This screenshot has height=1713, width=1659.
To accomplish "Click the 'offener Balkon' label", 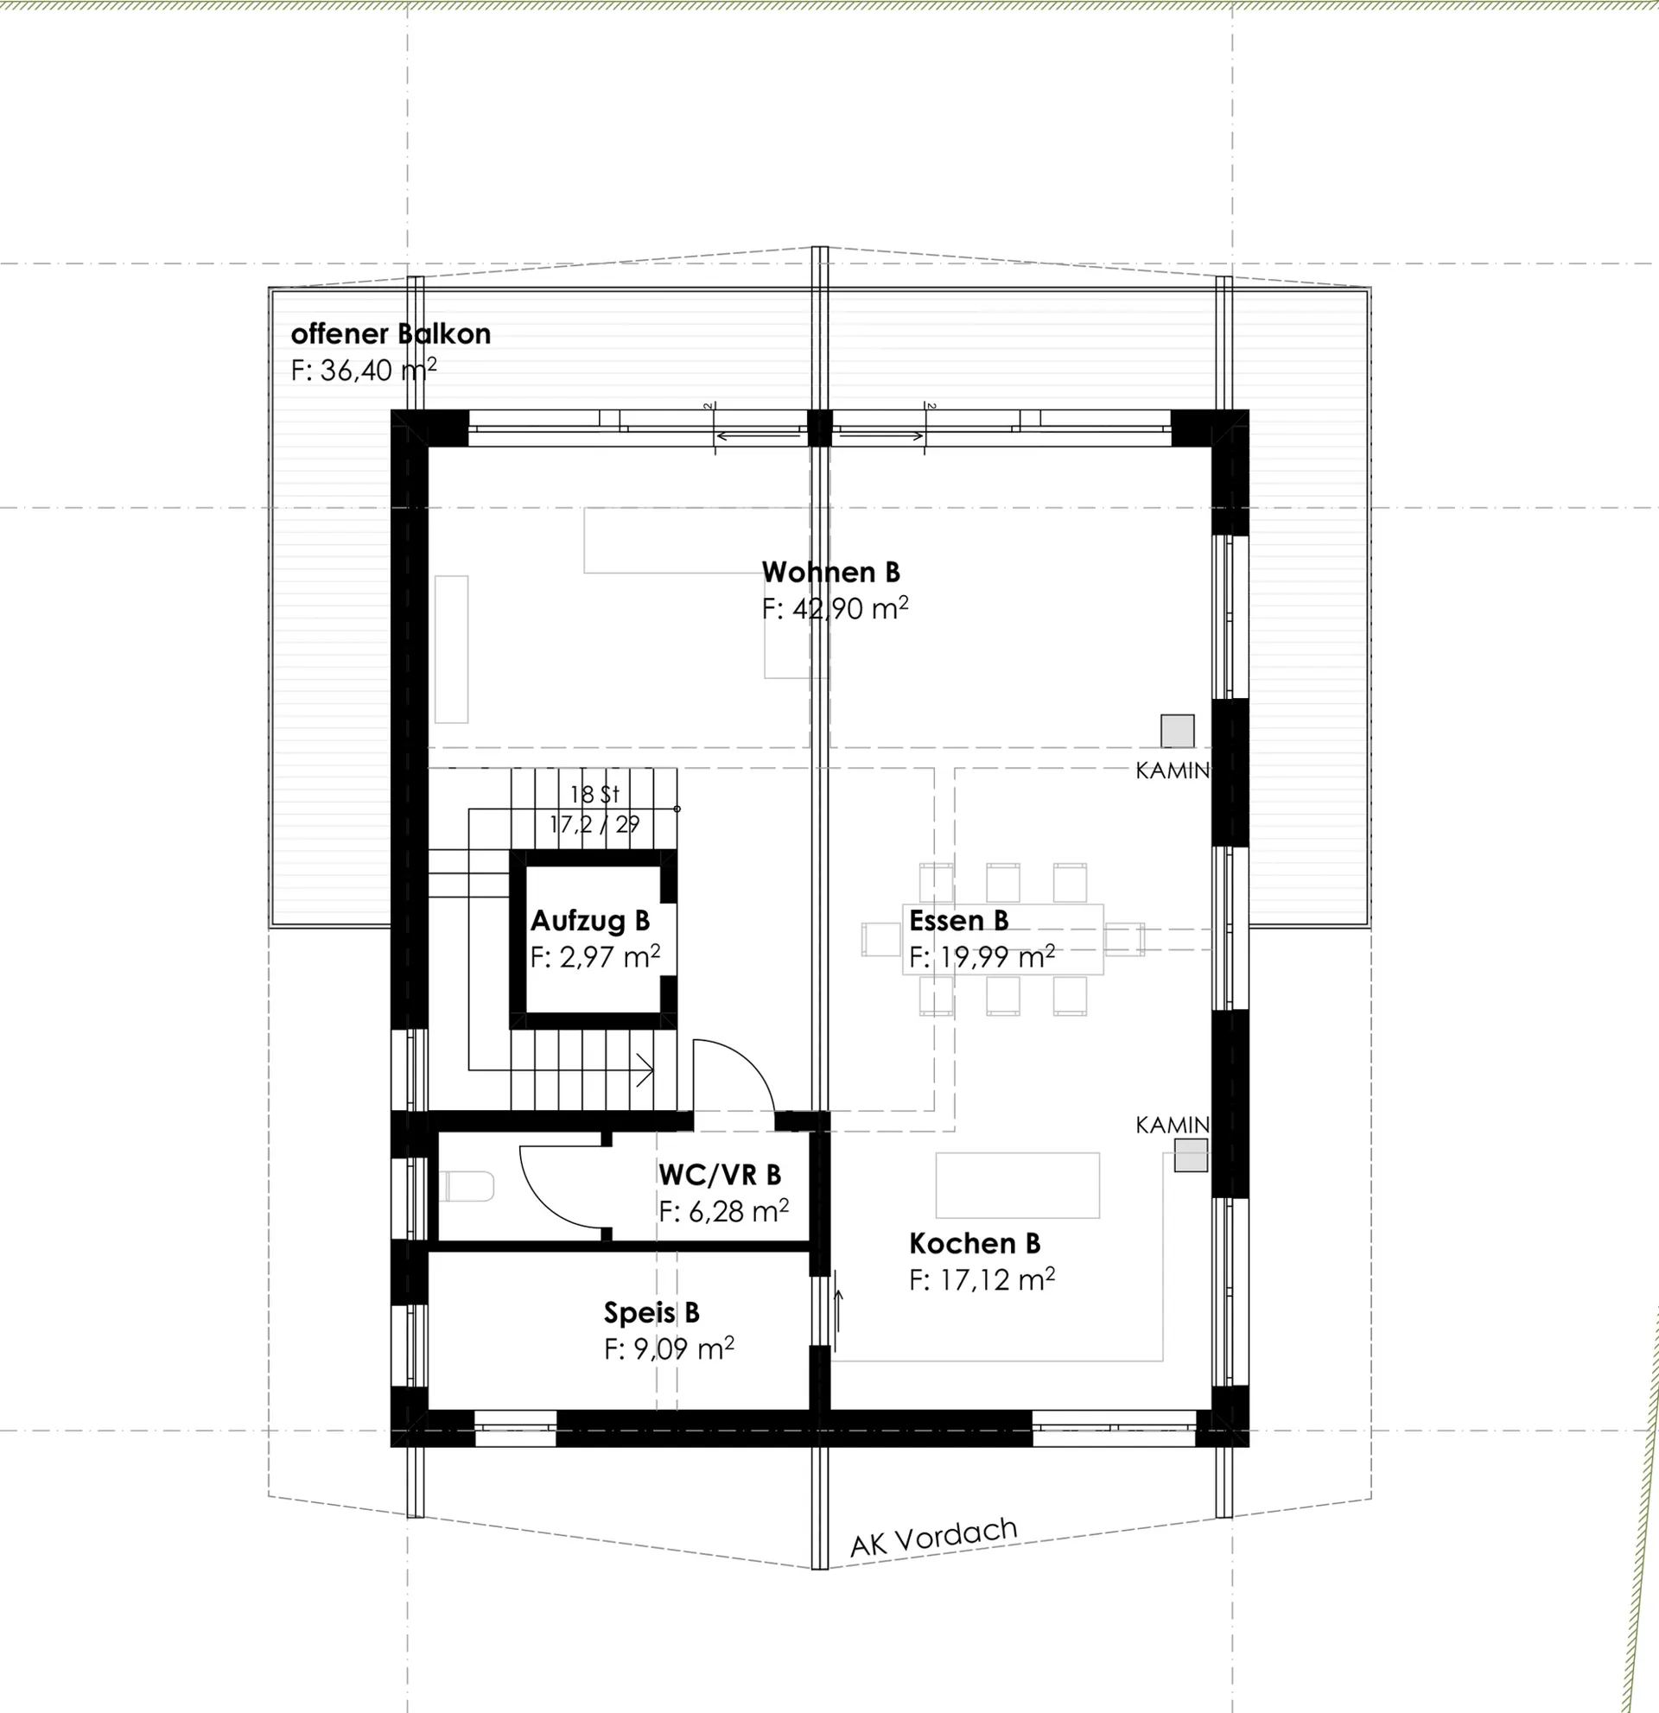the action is (391, 333).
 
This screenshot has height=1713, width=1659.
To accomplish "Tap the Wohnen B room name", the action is (830, 573).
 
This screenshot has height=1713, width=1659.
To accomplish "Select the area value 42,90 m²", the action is (849, 608).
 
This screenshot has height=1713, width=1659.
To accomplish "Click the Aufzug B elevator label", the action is (590, 921).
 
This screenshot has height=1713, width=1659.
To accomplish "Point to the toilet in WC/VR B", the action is (466, 1187).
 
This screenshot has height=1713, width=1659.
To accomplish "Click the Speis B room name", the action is (652, 1313).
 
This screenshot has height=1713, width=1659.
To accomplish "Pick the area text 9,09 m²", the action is (683, 1349).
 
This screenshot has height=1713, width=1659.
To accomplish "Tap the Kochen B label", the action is (975, 1244).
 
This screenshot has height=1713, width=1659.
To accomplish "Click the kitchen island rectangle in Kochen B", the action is (1017, 1185).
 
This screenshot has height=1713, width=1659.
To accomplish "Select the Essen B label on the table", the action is (959, 921).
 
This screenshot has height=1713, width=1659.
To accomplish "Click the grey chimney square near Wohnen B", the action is (1178, 731).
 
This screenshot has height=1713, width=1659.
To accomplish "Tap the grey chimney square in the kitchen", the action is (1191, 1156).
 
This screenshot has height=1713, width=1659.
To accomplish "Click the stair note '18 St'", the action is (594, 795).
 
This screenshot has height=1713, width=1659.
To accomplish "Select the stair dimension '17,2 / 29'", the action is (594, 824).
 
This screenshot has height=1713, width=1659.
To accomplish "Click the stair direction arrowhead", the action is (646, 1069).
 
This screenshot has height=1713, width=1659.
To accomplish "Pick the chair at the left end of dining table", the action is (881, 940).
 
